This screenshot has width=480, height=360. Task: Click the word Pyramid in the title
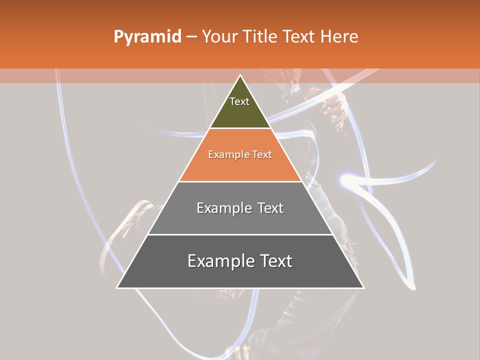147,37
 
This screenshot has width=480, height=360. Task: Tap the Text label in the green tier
239,101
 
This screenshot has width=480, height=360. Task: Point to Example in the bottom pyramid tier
218,261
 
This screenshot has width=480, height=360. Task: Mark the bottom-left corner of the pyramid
117,287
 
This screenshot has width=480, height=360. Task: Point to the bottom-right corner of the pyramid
363,287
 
